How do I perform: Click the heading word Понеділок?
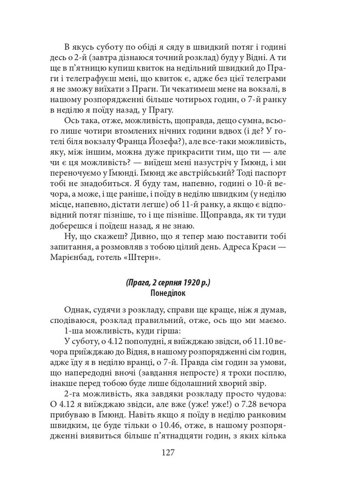[x=168, y=293]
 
